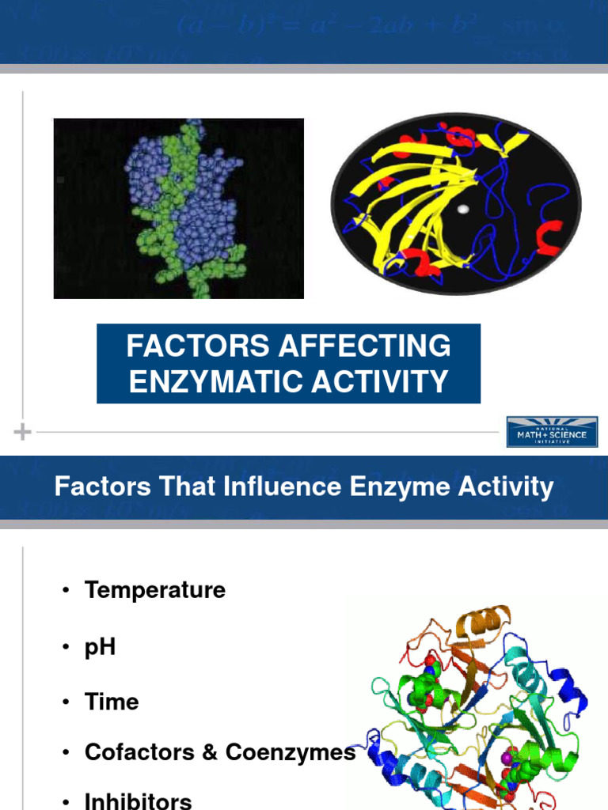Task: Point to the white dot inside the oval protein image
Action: tap(463, 210)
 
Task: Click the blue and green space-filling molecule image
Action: tap(179, 208)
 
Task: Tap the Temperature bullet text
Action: tap(154, 590)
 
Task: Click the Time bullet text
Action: tap(112, 702)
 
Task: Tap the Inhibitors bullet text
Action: tap(138, 801)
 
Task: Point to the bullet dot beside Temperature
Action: tap(66, 591)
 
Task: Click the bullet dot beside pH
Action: tap(66, 647)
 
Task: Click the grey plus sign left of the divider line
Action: tap(23, 432)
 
